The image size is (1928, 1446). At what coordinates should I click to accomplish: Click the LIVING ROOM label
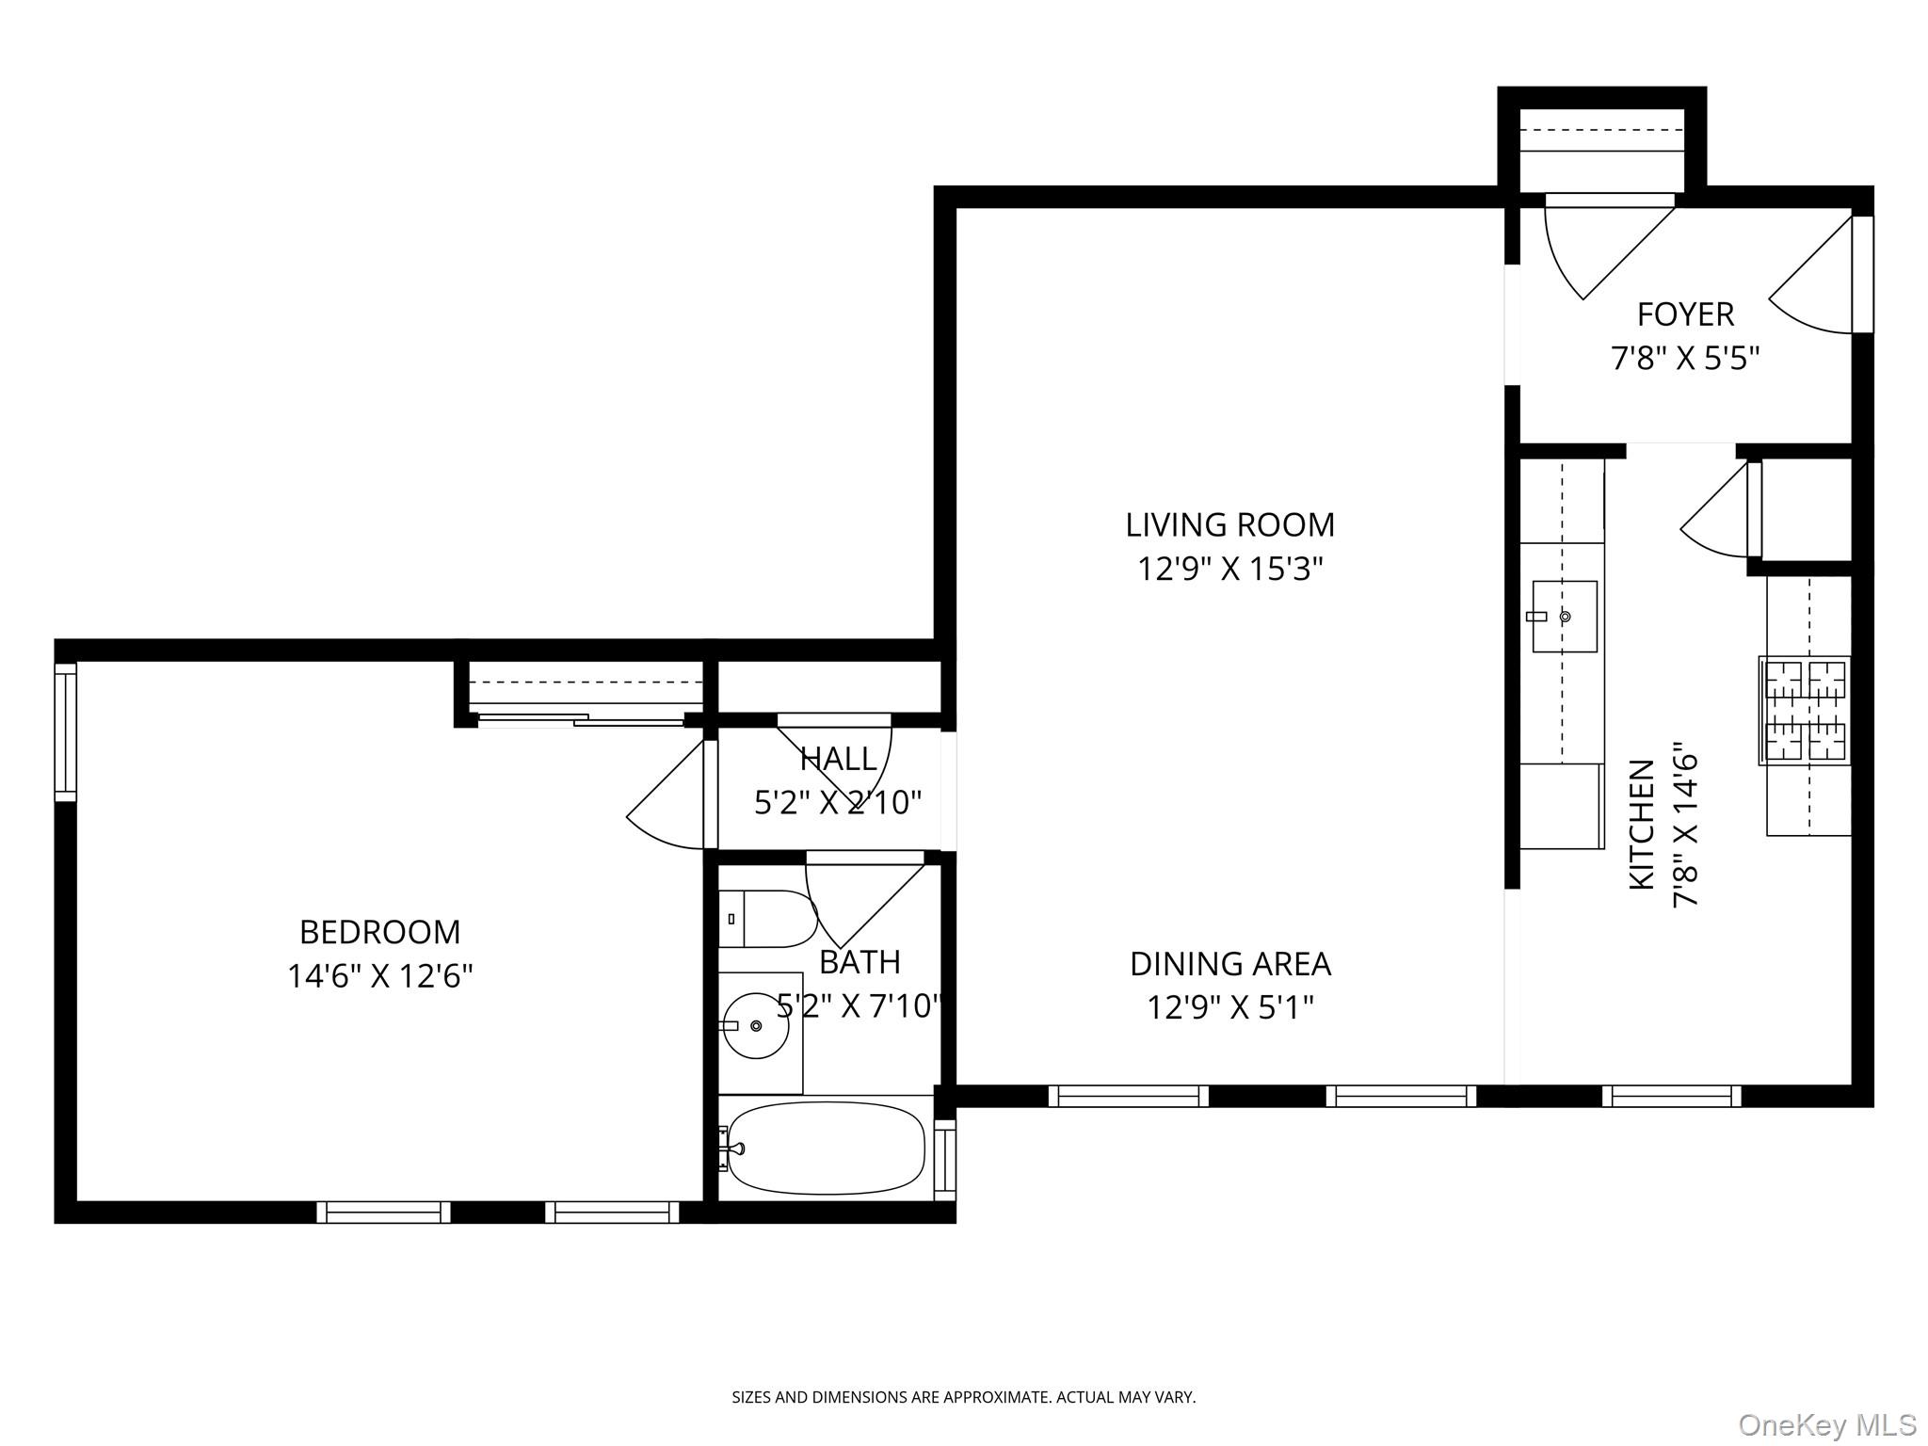tap(1229, 524)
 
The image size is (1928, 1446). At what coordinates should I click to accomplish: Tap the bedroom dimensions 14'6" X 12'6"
tap(379, 976)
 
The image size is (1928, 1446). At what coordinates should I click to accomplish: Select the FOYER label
tap(1685, 313)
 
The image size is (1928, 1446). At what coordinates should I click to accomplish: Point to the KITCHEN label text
tap(1642, 824)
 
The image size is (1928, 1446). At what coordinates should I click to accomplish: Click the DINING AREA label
tap(1229, 963)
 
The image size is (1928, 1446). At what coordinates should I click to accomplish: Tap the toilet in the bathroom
tap(767, 918)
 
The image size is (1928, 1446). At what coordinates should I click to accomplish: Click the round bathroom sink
tap(755, 1025)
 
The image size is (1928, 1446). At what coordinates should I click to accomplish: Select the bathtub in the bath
tap(826, 1148)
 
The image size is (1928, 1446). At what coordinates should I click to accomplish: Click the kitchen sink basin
tap(1565, 617)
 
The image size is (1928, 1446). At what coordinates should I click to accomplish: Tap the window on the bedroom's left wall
tap(65, 731)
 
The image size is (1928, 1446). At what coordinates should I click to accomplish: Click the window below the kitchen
tap(1671, 1096)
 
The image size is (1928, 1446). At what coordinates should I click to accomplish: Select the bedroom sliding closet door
tap(582, 720)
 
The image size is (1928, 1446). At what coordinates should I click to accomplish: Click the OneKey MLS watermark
tap(1826, 1424)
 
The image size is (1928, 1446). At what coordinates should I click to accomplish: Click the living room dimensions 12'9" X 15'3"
tap(1229, 569)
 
